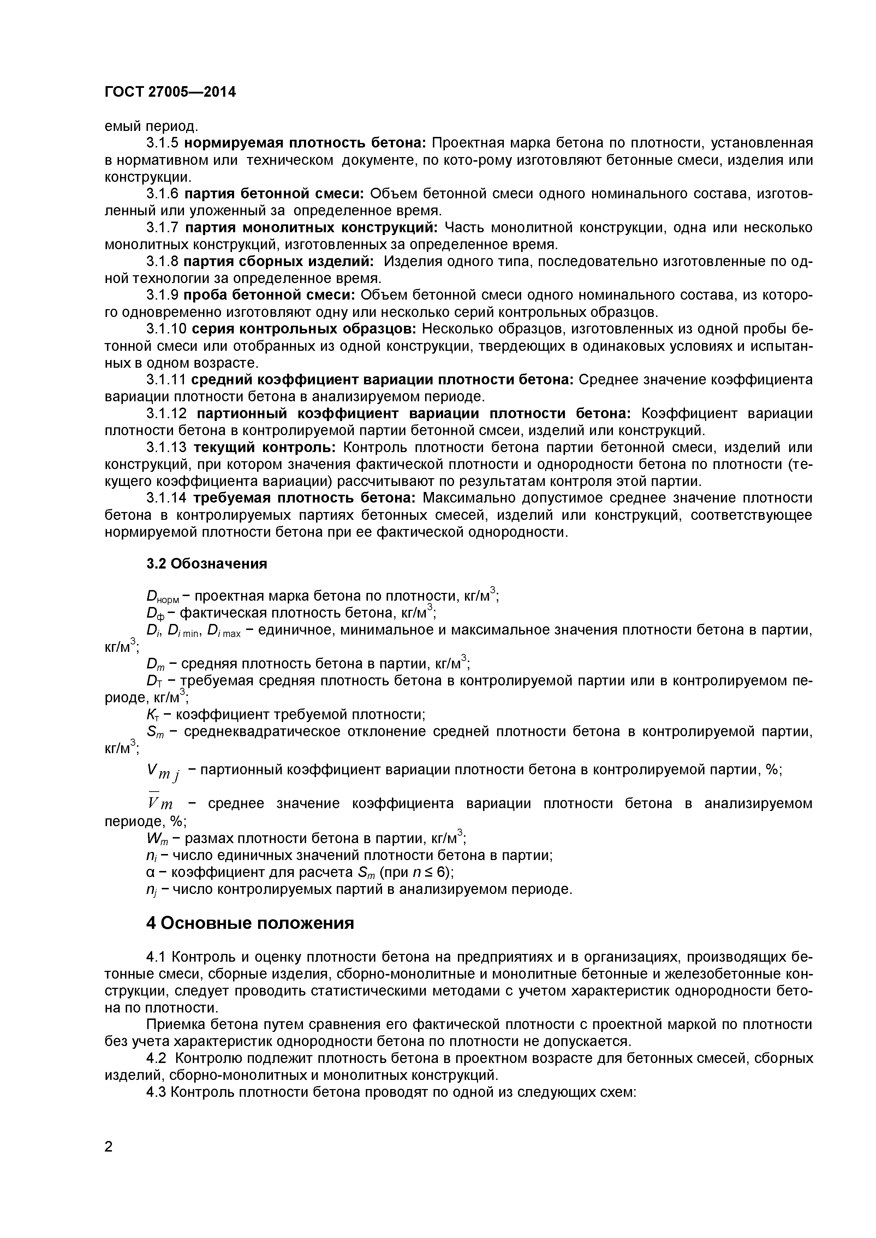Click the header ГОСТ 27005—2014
(170, 92)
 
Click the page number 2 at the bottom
(109, 1161)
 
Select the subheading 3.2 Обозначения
(207, 564)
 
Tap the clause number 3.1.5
(162, 143)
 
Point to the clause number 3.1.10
(166, 329)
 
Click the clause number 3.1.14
(166, 498)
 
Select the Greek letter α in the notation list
(150, 872)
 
